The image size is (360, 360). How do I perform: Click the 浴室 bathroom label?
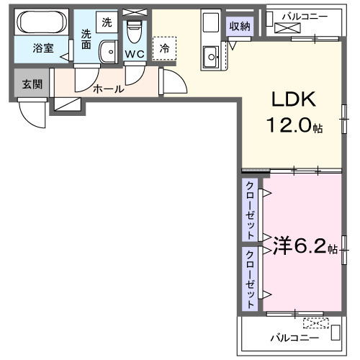click(42, 48)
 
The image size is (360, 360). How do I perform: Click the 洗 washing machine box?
click(107, 22)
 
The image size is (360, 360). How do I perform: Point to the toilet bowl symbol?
click(133, 32)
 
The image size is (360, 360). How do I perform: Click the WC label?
click(134, 53)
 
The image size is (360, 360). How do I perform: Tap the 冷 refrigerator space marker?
click(165, 48)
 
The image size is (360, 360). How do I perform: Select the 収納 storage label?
click(240, 27)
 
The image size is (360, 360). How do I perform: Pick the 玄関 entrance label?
click(31, 84)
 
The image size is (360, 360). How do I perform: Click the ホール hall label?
click(108, 89)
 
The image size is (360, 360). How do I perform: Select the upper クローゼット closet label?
click(250, 210)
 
